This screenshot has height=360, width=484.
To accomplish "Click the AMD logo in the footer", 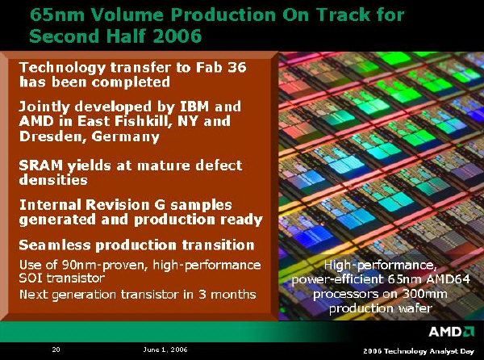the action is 451,331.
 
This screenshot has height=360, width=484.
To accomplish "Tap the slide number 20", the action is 56,350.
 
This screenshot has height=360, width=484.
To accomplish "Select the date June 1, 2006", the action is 165,350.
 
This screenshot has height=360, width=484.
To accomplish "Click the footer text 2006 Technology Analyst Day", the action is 419,351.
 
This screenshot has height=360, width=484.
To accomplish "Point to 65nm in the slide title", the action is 57,15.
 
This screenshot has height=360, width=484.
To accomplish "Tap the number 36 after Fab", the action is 236,67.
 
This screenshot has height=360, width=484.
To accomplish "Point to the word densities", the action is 53,180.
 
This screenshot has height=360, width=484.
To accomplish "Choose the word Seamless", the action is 55,245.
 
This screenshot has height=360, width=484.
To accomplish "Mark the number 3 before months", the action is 202,294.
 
